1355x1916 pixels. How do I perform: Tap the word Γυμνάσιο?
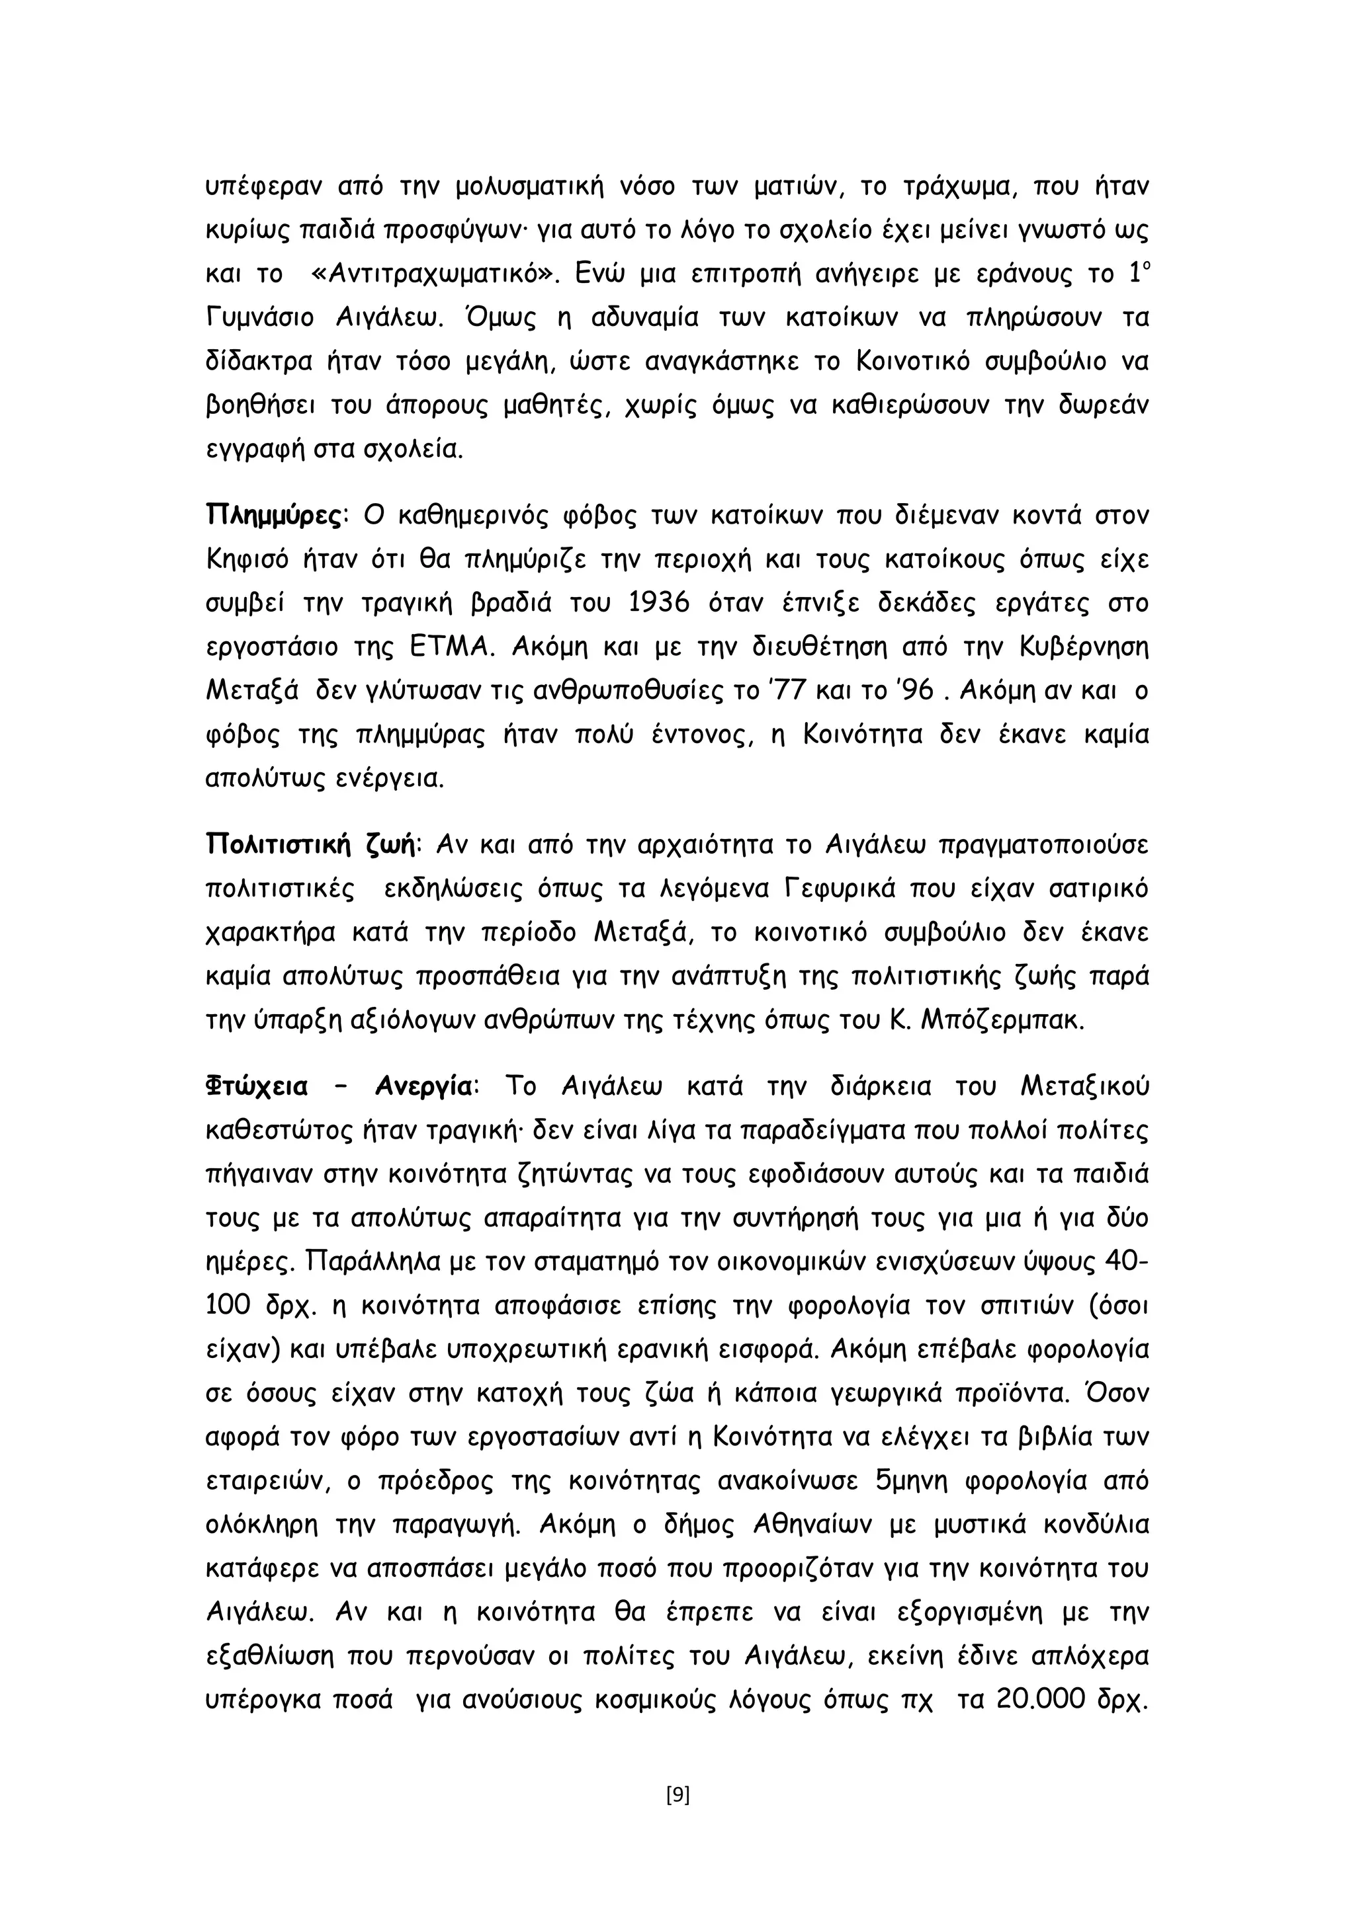(x=259, y=318)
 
